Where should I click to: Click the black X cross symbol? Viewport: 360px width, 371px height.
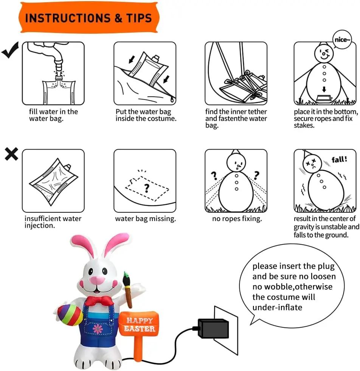tap(11, 154)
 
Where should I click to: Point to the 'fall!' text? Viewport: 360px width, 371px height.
tap(339, 159)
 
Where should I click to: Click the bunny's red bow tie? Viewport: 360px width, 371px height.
tap(99, 301)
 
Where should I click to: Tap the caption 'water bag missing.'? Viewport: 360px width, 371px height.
tap(145, 219)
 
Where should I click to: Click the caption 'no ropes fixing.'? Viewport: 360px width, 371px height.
tap(237, 219)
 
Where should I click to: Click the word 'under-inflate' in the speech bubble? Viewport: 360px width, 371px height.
tap(277, 307)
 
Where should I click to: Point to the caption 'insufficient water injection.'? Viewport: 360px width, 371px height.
tap(53, 222)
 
